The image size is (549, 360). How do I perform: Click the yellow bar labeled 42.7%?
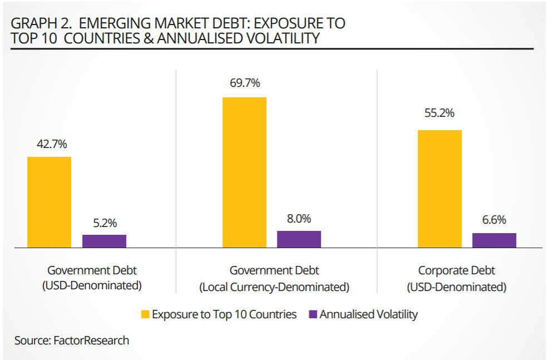49,202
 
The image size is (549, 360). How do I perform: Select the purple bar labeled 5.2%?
104,241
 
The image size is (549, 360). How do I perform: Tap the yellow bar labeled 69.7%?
244,172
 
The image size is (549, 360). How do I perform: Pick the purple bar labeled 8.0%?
299,239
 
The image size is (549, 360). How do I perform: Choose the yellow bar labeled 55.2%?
439,189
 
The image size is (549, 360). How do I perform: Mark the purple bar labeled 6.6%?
494,240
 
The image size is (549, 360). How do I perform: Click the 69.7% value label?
245,83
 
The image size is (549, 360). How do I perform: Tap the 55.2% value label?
439,113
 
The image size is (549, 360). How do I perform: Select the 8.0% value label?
299,219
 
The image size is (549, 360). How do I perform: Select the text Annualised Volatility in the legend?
368,314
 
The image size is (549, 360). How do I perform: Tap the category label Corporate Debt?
456,271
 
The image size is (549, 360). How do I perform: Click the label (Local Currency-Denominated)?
274,287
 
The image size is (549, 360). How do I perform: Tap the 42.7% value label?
51,144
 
